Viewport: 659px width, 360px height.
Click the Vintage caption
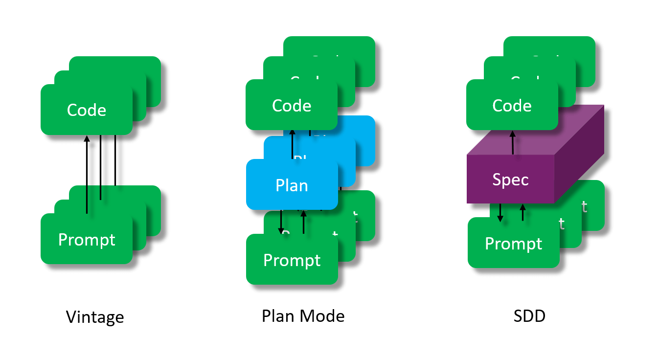(95, 317)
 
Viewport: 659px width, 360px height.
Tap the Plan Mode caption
(303, 316)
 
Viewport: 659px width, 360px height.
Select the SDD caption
(529, 316)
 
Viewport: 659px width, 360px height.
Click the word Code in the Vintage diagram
(87, 110)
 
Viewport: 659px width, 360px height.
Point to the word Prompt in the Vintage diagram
(87, 240)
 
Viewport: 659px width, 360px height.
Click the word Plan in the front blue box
(292, 185)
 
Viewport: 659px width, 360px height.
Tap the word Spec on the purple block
(510, 180)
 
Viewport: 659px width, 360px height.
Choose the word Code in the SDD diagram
(512, 106)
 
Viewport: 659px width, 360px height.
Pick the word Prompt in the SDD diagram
(513, 244)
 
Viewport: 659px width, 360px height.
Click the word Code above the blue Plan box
(292, 106)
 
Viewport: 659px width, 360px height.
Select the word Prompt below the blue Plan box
(292, 260)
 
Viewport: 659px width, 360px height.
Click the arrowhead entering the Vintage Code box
(87, 139)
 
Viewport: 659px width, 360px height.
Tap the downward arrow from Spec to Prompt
(500, 213)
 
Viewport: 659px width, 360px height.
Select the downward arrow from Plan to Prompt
(281, 223)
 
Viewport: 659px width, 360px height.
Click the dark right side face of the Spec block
(580, 157)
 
